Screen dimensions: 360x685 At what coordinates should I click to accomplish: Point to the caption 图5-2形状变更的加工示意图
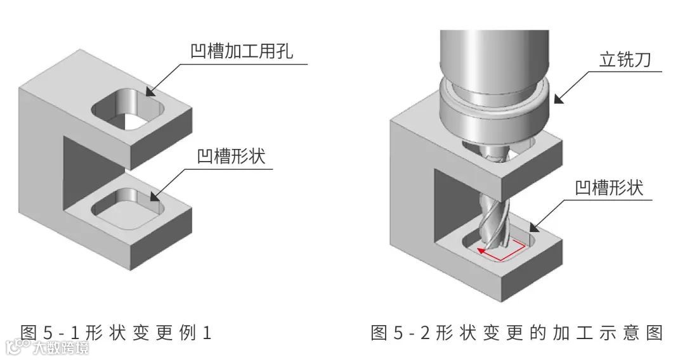coord(516,331)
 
